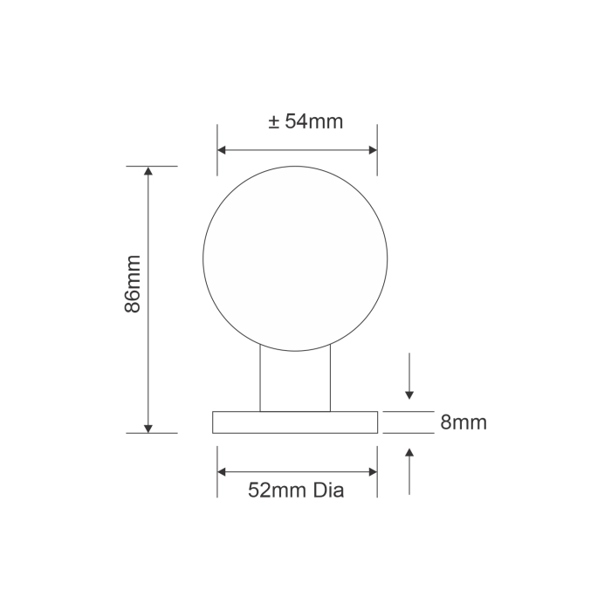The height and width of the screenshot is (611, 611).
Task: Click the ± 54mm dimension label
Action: click(x=305, y=122)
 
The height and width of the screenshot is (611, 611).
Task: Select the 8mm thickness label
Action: click(x=463, y=423)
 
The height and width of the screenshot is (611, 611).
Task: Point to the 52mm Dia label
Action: click(x=296, y=491)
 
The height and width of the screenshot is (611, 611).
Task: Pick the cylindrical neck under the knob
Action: click(x=296, y=381)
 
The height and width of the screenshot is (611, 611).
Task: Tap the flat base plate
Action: click(x=295, y=422)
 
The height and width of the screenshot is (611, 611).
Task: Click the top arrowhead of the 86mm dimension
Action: click(x=148, y=172)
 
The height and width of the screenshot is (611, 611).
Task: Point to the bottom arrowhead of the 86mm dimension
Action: click(x=148, y=427)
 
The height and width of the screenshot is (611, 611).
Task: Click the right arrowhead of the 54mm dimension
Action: click(x=372, y=150)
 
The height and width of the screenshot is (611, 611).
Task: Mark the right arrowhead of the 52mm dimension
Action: click(x=372, y=472)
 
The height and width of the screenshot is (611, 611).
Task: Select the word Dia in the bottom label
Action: click(x=326, y=491)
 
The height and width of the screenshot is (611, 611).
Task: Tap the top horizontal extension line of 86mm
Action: click(x=152, y=166)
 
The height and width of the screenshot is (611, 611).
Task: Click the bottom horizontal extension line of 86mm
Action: click(x=152, y=433)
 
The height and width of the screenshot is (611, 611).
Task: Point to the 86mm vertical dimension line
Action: click(x=148, y=349)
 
